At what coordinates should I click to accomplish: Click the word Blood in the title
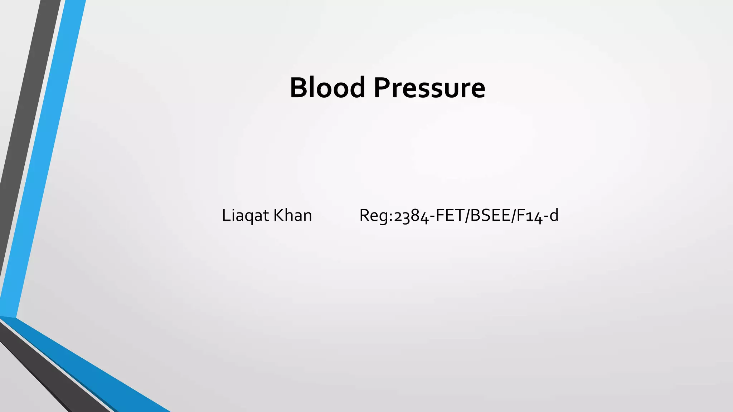click(x=327, y=88)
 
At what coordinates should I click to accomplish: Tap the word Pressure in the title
click(x=429, y=88)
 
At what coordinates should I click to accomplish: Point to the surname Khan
click(x=293, y=215)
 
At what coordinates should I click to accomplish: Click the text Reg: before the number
click(x=376, y=216)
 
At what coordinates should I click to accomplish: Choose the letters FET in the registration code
click(x=449, y=215)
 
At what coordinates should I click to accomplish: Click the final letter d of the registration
click(x=553, y=215)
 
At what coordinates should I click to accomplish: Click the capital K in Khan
click(x=278, y=215)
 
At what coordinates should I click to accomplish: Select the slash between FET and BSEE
click(x=467, y=216)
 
